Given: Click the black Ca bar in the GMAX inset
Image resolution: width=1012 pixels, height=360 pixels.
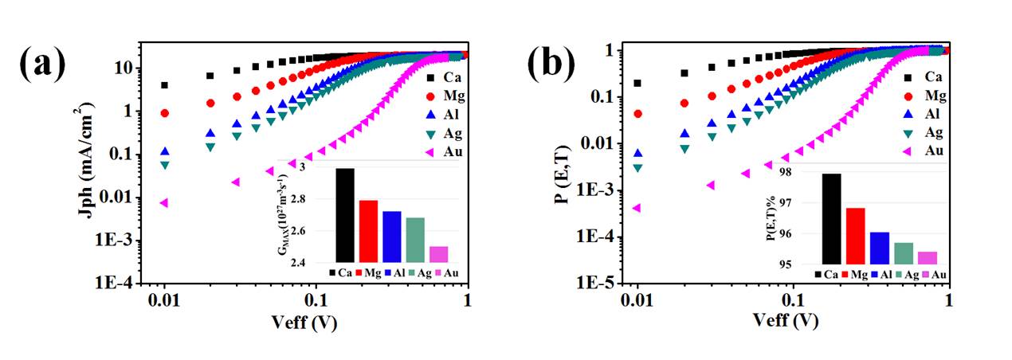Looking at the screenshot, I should [x=345, y=215].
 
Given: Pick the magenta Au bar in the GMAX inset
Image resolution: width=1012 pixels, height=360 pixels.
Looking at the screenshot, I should [x=438, y=254].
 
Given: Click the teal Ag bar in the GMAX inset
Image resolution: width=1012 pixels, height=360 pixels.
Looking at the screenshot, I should [x=415, y=240].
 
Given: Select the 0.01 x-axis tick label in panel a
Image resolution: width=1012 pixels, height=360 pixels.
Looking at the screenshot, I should [x=163, y=301].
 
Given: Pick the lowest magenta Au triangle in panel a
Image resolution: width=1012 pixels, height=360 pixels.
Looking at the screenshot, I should [x=164, y=203].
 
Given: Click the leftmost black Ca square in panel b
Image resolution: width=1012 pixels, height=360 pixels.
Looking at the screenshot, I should [x=637, y=83].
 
